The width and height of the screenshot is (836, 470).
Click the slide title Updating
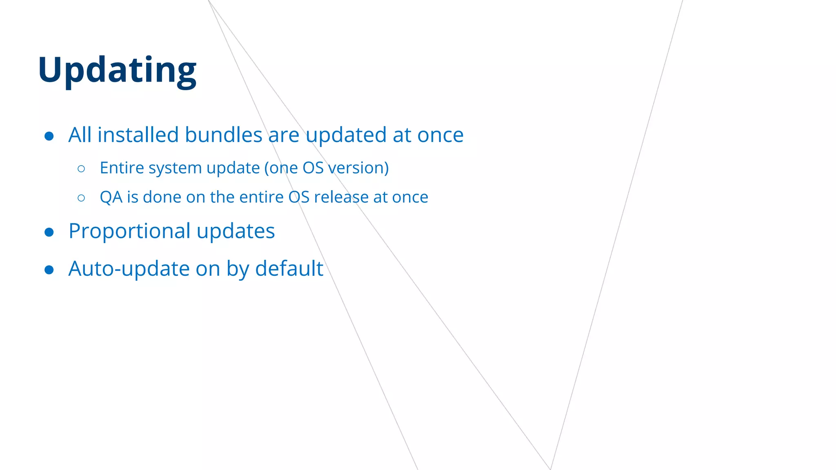coord(117,70)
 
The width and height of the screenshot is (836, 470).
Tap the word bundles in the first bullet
coord(223,135)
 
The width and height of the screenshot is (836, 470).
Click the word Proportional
coord(129,231)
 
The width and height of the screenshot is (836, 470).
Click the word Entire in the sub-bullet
coord(122,168)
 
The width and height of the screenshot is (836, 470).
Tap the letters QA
coord(111,197)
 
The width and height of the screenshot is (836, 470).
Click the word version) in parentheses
coord(358,168)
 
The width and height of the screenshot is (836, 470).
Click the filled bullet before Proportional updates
coord(49,232)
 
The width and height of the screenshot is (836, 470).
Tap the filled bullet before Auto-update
coord(49,270)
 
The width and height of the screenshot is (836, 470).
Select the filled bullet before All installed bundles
coord(49,136)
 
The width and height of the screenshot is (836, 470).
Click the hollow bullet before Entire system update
coord(81,168)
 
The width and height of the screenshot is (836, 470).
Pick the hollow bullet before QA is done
coord(81,198)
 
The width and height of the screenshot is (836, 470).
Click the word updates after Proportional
coord(236,231)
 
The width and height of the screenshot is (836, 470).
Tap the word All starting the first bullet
coord(80,135)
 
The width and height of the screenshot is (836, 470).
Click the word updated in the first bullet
coord(346,135)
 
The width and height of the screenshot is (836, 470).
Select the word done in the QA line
coord(162,197)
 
